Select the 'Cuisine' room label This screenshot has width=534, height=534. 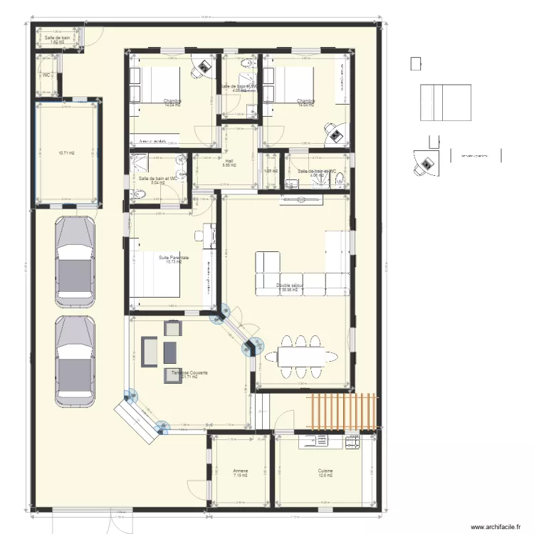tap(326, 471)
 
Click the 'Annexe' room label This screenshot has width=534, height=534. tap(240, 471)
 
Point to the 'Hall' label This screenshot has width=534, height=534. tap(229, 162)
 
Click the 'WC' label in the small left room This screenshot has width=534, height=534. tap(46, 75)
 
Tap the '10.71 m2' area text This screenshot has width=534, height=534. tap(66, 152)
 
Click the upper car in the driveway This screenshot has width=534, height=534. tap(75, 257)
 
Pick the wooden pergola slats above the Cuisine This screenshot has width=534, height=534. tap(344, 412)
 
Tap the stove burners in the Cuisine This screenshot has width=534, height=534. tap(352, 442)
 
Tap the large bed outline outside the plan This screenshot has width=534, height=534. tap(445, 103)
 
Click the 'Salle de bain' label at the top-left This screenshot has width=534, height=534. tap(56, 37)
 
